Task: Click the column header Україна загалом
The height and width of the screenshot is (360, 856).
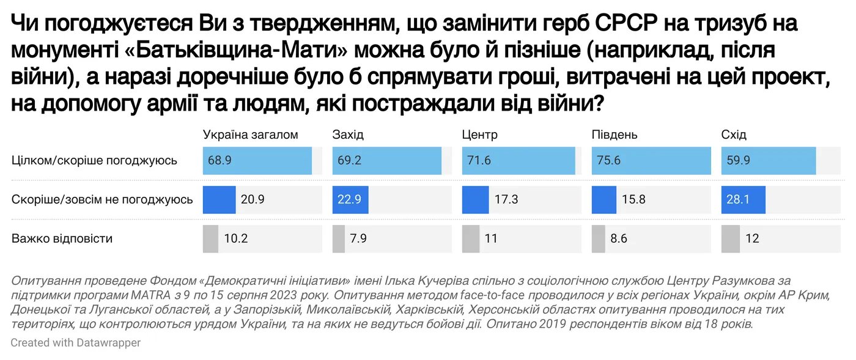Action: (x=250, y=135)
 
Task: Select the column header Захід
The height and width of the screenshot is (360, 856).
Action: (x=348, y=135)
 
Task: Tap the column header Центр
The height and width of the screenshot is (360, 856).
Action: (x=480, y=135)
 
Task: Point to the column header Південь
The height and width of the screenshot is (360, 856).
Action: (x=614, y=135)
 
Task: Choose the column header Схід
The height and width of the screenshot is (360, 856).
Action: (x=734, y=135)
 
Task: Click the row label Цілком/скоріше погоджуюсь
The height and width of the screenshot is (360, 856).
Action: (x=95, y=161)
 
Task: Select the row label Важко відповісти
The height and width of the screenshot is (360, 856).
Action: (x=62, y=238)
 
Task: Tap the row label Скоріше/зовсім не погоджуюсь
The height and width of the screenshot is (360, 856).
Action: (x=103, y=199)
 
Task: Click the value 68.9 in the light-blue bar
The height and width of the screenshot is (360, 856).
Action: (x=219, y=161)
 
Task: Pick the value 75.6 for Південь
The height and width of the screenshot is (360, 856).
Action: (x=608, y=161)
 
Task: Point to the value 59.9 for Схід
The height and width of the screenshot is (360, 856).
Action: (x=737, y=161)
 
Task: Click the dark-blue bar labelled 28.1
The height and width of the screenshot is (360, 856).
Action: (x=743, y=199)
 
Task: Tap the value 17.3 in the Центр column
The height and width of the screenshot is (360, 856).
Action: (x=509, y=199)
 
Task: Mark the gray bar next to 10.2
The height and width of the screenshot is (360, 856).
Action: (x=210, y=238)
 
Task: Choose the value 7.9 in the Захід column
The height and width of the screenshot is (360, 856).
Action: (x=359, y=238)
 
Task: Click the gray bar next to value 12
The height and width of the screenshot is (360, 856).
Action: (x=730, y=238)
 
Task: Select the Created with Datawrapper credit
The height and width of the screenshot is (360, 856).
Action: (x=76, y=343)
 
